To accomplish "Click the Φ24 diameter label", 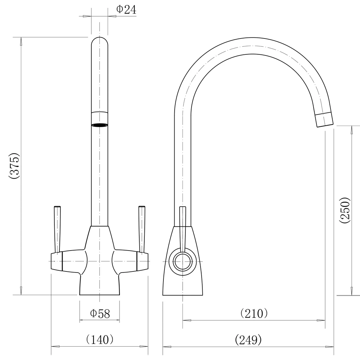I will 126,10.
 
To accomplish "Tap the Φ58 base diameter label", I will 100,314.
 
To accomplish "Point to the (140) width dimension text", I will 100,339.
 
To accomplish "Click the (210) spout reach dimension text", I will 254,313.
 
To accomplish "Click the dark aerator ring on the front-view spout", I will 99,125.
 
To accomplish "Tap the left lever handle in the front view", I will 57,229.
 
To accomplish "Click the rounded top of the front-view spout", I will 99,40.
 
